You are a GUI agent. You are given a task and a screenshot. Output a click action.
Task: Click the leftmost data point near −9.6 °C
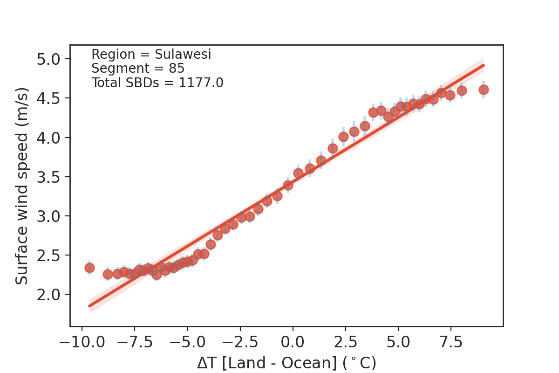(89, 268)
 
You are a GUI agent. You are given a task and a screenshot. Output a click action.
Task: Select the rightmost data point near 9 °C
(484, 90)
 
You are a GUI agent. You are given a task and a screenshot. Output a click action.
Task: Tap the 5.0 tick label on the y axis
(51, 59)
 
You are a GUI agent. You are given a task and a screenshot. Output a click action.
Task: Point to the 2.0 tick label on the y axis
(51, 295)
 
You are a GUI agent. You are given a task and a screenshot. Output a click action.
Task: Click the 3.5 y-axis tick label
(51, 177)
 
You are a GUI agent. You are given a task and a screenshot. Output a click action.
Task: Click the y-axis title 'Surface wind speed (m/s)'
(22, 186)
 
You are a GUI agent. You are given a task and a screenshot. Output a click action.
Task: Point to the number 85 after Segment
(177, 69)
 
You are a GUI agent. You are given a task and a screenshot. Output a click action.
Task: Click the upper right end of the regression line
(484, 65)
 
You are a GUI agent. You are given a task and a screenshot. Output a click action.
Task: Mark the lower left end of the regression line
(89, 306)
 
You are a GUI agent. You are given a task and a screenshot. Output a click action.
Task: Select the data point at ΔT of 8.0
(462, 90)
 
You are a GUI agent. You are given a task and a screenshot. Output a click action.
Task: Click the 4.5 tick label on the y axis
(51, 98)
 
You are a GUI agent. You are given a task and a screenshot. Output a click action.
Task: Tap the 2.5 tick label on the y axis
(51, 256)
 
